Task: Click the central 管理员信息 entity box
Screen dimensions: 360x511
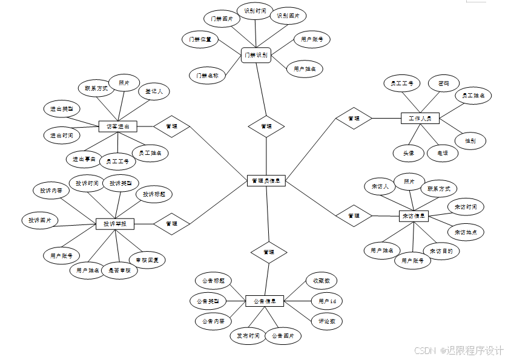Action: pyautogui.click(x=266, y=180)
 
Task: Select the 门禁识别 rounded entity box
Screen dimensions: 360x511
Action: pyautogui.click(x=256, y=55)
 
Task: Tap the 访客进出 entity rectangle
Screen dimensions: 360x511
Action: pyautogui.click(x=118, y=126)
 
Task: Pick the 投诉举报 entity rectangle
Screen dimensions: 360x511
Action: pyautogui.click(x=115, y=224)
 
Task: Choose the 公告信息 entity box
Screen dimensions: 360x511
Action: pyautogui.click(x=265, y=301)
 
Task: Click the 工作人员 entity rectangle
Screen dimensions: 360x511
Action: pyautogui.click(x=420, y=118)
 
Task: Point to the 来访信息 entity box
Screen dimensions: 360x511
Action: pyautogui.click(x=414, y=215)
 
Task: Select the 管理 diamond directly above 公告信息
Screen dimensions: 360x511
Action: pyautogui.click(x=269, y=252)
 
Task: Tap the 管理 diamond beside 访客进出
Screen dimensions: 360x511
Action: pyautogui.click(x=171, y=126)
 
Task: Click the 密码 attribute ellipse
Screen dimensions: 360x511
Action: pyautogui.click(x=443, y=83)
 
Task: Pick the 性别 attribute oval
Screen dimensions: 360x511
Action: pyautogui.click(x=470, y=141)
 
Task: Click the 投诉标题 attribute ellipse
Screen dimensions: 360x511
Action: pyautogui.click(x=154, y=194)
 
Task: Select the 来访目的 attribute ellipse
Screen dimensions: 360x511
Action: pyautogui.click(x=441, y=251)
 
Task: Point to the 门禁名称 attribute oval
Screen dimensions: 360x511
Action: pyautogui.click(x=207, y=76)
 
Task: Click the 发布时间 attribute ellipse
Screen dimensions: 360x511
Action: pyautogui.click(x=248, y=336)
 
